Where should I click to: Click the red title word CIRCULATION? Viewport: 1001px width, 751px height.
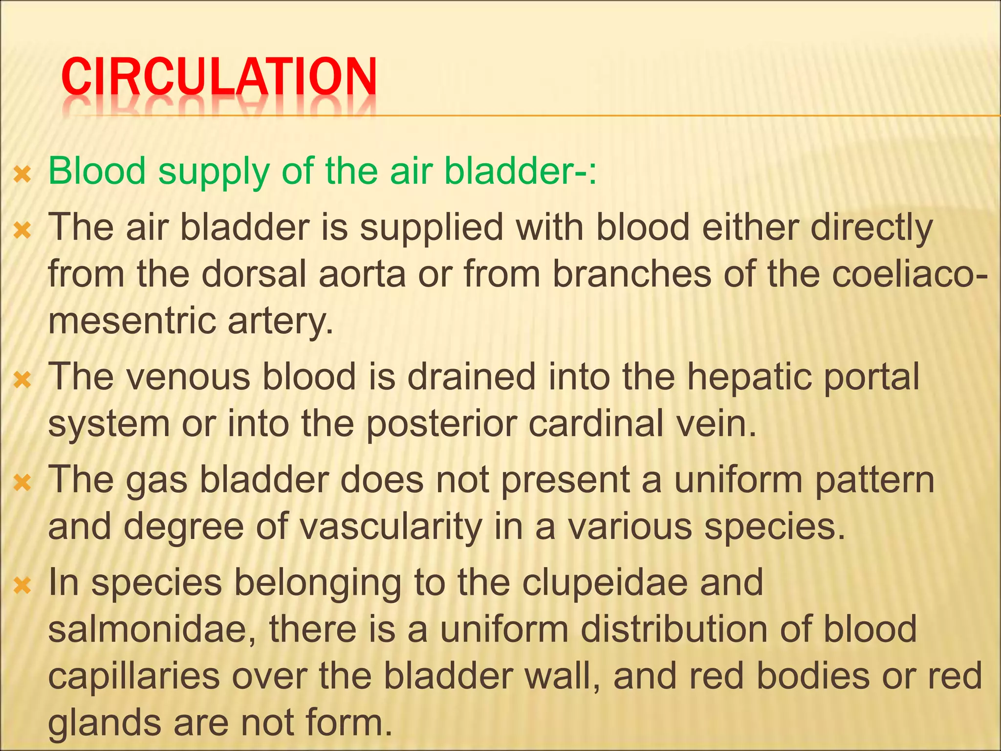219,77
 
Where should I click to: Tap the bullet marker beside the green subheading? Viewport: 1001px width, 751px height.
22,174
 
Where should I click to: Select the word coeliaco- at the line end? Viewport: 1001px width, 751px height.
909,274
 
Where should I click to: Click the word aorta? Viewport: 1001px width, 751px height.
362,274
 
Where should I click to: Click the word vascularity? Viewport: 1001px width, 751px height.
391,527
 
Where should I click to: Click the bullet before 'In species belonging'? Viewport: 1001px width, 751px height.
22,585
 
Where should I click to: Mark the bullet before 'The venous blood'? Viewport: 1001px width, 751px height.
22,379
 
